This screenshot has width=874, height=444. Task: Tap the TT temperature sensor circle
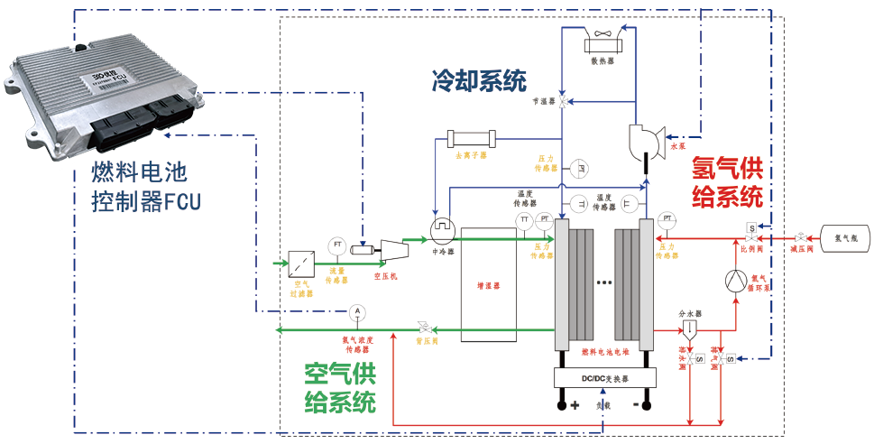click(x=524, y=220)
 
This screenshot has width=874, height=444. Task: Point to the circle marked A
click(x=357, y=311)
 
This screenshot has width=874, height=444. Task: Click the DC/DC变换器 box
click(x=603, y=378)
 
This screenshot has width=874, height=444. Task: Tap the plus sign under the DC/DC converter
click(x=573, y=405)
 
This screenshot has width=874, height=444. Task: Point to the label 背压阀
click(x=427, y=343)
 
